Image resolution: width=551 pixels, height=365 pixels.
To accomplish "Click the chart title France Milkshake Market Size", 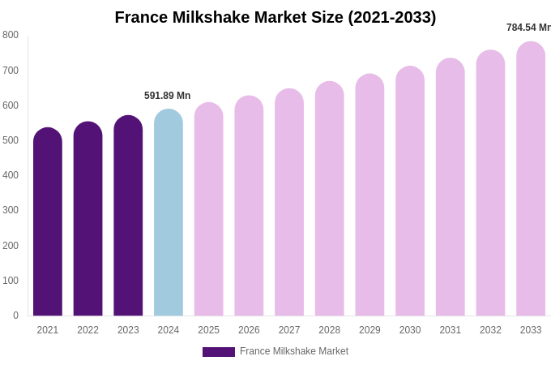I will [x=275, y=17].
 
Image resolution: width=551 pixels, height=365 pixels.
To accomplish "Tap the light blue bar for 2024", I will [x=169, y=213].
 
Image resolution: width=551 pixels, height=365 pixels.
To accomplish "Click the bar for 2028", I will [x=330, y=199].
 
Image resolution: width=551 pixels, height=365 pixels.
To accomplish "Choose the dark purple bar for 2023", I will [x=128, y=216].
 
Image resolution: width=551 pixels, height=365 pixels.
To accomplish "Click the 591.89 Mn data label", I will [x=168, y=96].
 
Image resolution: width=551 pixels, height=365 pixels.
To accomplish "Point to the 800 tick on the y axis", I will [x=11, y=35].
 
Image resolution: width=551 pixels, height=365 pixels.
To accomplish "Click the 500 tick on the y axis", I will [x=11, y=140].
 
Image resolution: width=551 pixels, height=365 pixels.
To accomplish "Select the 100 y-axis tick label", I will [x=11, y=281].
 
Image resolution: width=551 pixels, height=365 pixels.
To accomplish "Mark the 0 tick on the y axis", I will [x=15, y=316].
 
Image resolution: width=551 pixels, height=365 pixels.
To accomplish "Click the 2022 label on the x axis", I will [x=88, y=330].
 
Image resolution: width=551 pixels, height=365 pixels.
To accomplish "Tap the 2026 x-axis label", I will [x=249, y=330].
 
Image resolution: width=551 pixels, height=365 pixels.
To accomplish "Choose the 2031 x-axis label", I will [x=451, y=330].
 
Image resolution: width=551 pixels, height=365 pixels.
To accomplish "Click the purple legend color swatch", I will [x=219, y=352].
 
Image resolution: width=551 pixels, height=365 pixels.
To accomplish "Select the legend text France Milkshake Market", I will [x=294, y=351].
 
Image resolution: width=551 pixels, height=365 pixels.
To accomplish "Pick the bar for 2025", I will [x=209, y=209].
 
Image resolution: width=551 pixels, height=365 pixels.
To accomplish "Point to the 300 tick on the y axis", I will [x=11, y=210].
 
